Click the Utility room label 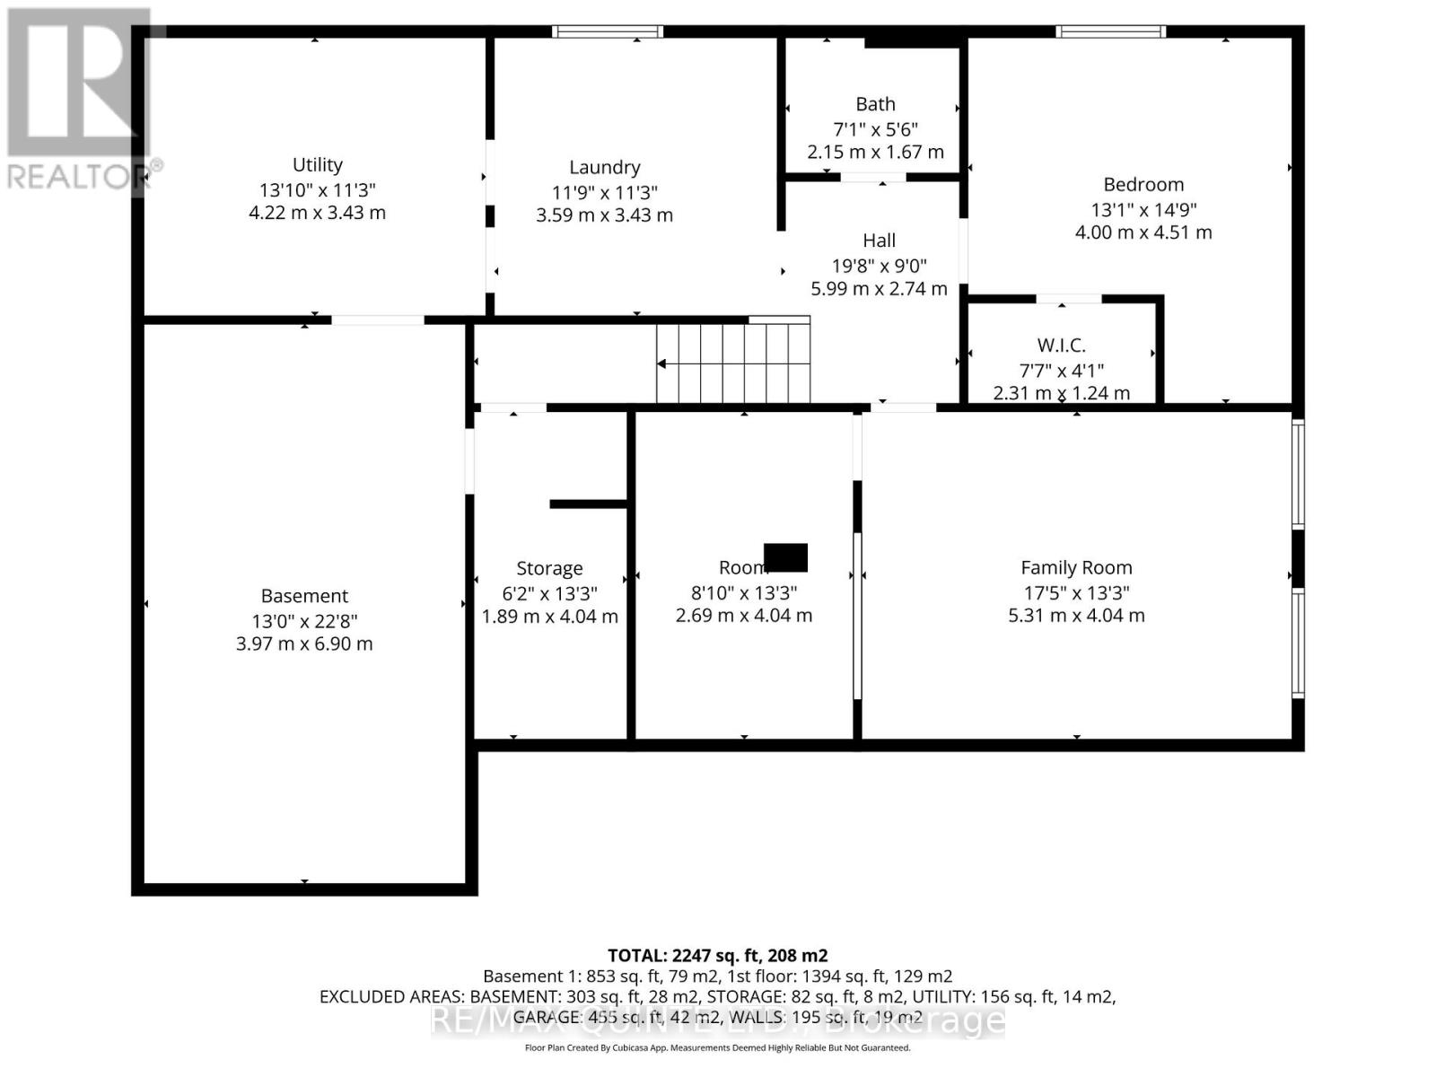click(x=317, y=165)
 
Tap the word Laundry click(x=604, y=168)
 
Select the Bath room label click(x=875, y=105)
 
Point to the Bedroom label click(x=1143, y=185)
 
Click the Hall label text click(x=879, y=241)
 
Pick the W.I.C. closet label click(x=1061, y=346)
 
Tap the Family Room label click(x=1076, y=568)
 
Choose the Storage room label click(x=549, y=569)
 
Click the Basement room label click(x=304, y=596)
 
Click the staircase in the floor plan click(x=733, y=363)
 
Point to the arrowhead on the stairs click(x=661, y=363)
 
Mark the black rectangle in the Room click(x=785, y=557)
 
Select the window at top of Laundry click(x=608, y=32)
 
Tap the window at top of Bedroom click(x=1110, y=32)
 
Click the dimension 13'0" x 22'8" click(x=304, y=620)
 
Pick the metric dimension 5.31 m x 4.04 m click(x=1076, y=616)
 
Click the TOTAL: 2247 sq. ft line click(x=717, y=956)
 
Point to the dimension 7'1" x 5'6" click(x=875, y=129)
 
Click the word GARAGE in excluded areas click(x=547, y=1017)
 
